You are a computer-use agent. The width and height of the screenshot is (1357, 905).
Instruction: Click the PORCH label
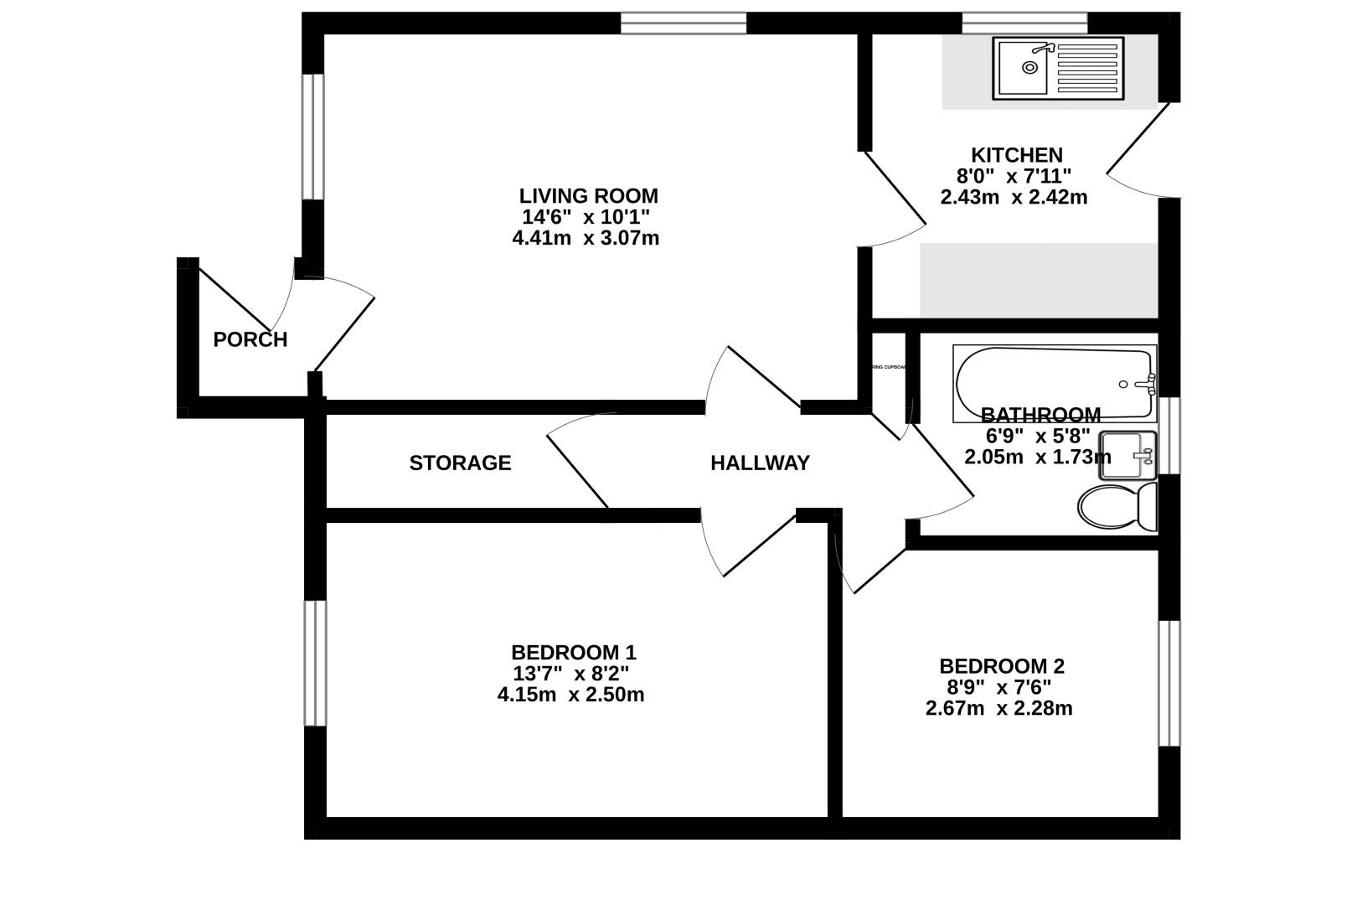point(250,339)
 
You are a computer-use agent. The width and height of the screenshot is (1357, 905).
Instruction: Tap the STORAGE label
point(460,463)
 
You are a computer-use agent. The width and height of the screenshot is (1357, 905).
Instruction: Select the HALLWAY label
point(760,463)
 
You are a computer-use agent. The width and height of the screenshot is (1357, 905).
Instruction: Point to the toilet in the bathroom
point(1116,506)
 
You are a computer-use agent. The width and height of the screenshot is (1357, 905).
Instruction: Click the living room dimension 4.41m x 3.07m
point(586,238)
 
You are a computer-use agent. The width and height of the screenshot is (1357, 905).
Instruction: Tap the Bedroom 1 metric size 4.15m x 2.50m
point(570,695)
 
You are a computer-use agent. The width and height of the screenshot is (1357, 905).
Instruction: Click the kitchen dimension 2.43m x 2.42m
point(1014,198)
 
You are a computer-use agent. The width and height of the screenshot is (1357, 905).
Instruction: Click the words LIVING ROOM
point(588,196)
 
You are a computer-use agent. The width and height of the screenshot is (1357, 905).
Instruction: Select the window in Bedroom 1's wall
point(315,662)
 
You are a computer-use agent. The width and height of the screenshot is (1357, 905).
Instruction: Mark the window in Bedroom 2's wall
point(1169,683)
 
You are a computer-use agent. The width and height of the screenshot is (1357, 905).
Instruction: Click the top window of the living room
point(683,23)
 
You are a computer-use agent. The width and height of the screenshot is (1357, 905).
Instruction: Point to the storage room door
point(578,469)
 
